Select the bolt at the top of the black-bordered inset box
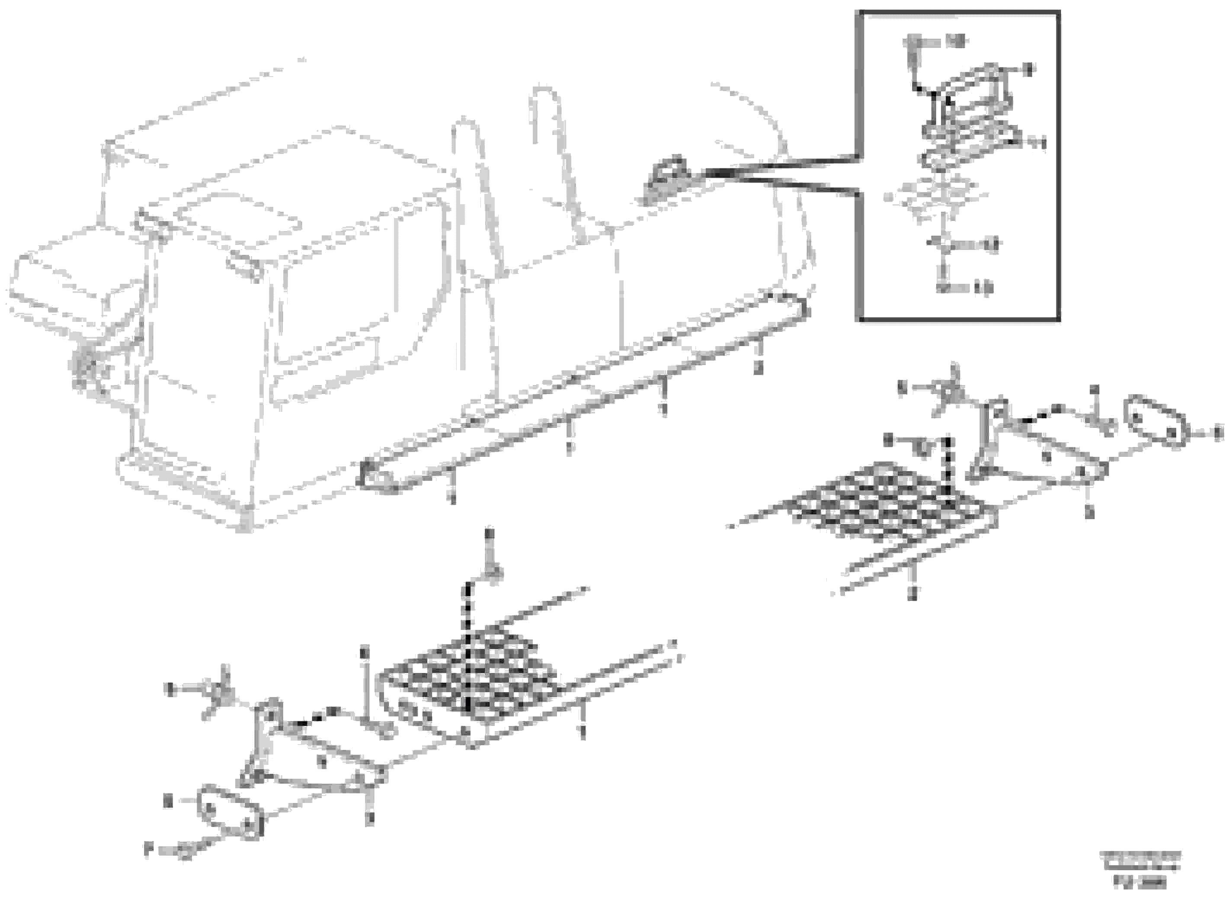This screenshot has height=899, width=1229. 914,49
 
